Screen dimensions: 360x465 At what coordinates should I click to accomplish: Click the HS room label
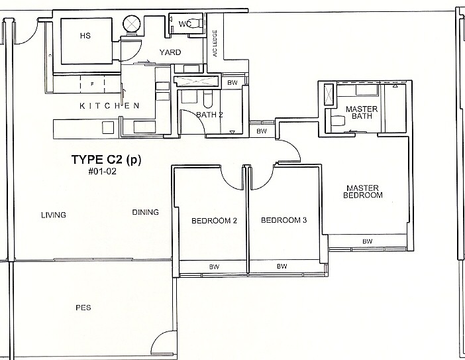[84, 36]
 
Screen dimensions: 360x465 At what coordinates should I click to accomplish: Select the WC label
[185, 25]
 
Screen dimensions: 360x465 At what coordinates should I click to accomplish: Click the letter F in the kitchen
[93, 84]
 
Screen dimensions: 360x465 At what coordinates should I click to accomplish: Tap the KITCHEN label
[109, 106]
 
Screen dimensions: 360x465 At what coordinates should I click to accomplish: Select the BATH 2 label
[209, 115]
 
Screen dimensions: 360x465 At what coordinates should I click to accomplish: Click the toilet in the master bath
[338, 121]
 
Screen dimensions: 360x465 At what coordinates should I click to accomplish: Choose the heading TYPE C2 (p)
[106, 160]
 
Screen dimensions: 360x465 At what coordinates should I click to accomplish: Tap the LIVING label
[53, 214]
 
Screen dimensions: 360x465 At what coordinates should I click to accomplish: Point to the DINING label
[145, 213]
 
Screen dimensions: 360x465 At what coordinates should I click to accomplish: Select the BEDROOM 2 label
[214, 221]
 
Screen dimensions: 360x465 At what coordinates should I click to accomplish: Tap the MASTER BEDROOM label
[364, 192]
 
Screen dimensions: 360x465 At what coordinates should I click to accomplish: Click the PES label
[83, 308]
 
